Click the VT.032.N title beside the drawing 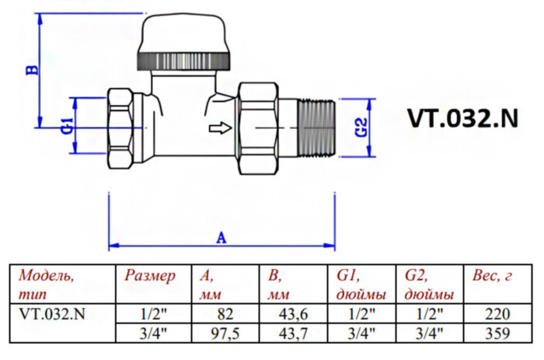[462, 117]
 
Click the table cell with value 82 [225, 314]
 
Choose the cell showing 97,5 [225, 333]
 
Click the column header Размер [150, 276]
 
